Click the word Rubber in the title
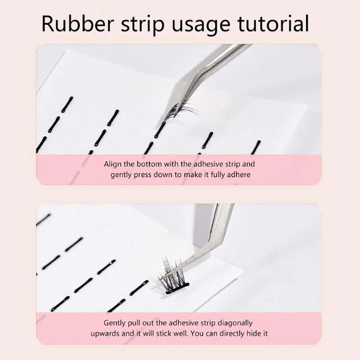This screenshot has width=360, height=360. [x=78, y=24]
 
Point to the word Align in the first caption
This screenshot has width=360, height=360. [x=113, y=164]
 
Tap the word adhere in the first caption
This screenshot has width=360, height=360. [x=238, y=175]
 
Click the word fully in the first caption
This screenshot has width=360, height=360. [x=218, y=175]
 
